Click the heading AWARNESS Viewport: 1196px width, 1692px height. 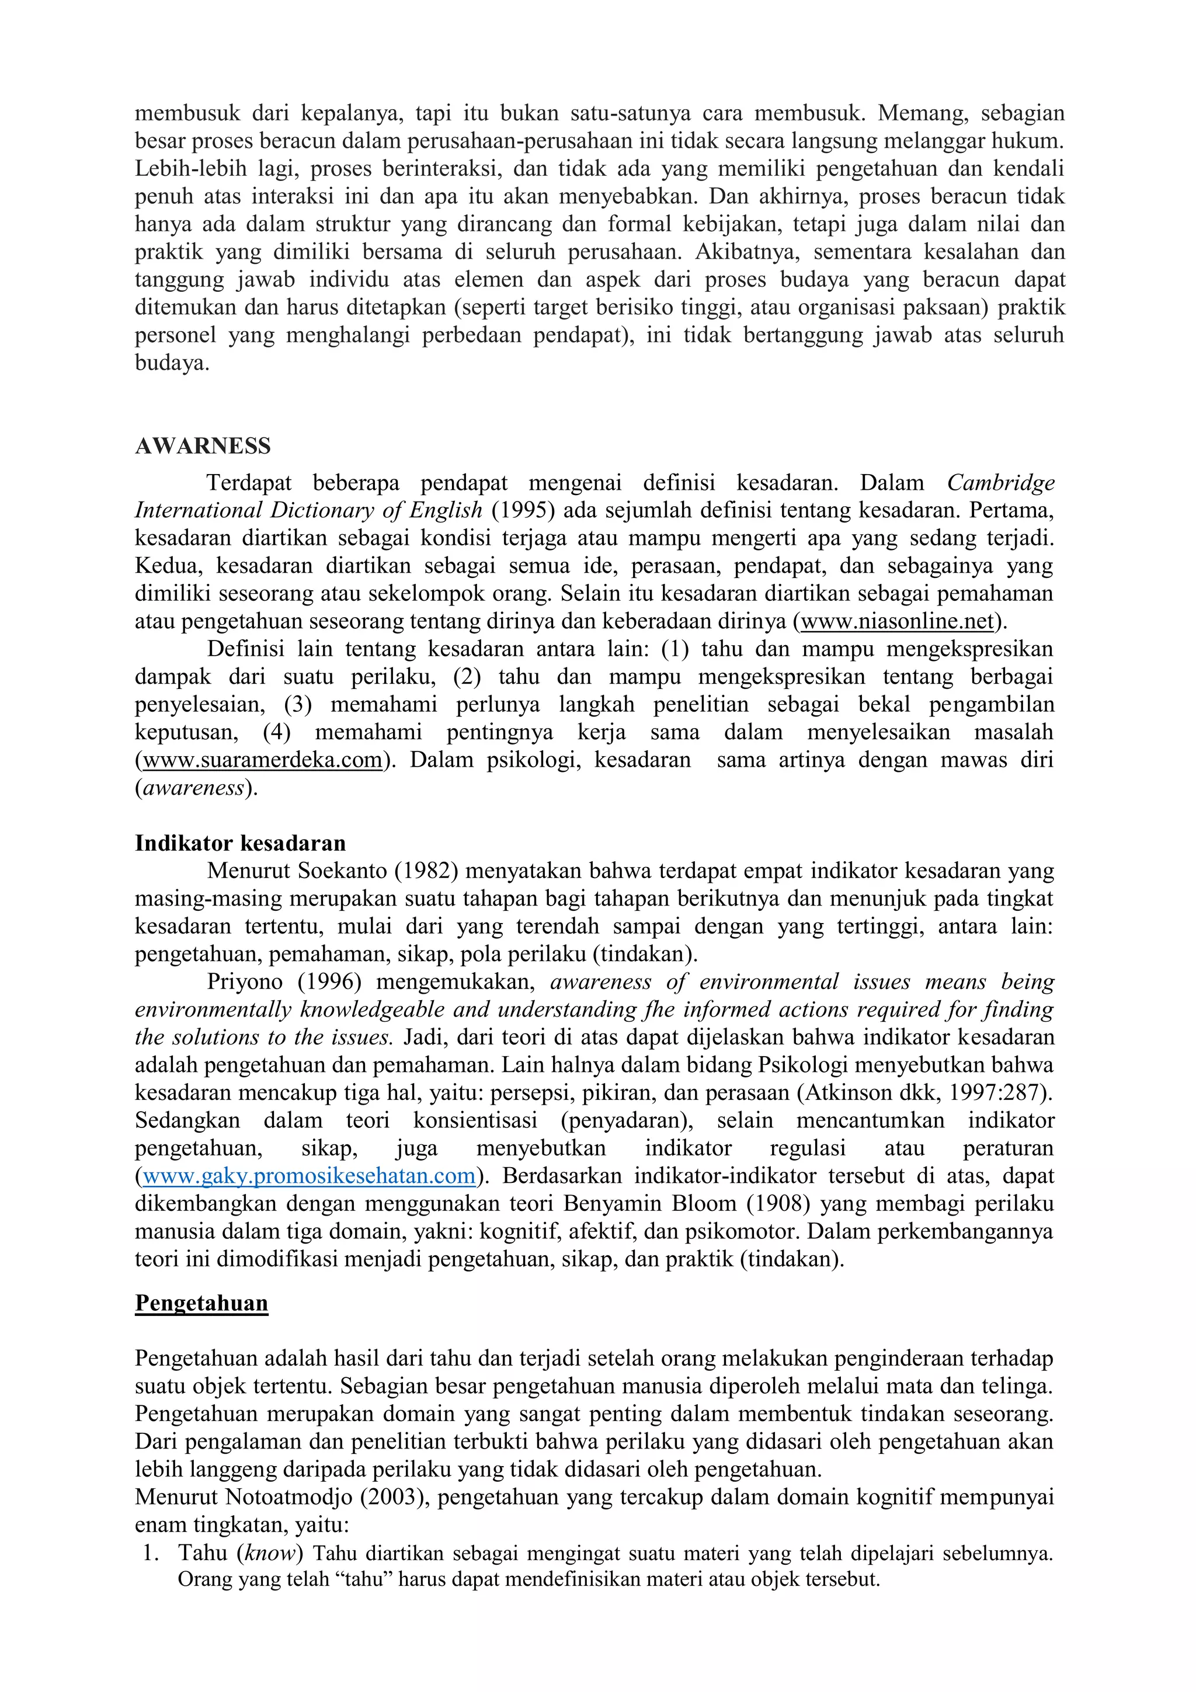pos(203,446)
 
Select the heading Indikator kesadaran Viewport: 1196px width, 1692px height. pos(240,843)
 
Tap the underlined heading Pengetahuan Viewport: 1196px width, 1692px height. pos(201,1303)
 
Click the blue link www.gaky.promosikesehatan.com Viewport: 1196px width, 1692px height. pos(309,1175)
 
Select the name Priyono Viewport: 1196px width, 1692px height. pos(245,983)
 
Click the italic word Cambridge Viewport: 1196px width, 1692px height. pos(1000,483)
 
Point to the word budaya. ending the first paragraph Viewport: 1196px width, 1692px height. pos(172,363)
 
